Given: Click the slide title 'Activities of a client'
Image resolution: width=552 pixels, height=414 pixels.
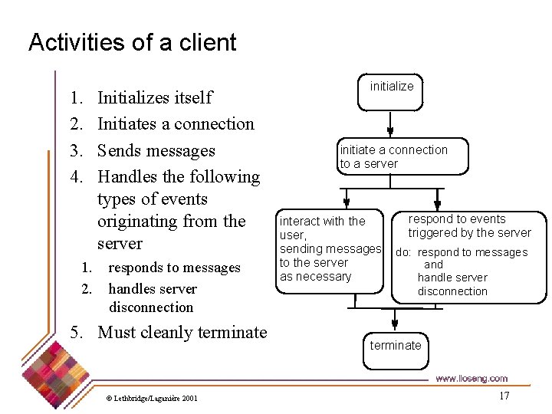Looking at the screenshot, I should pos(132,42).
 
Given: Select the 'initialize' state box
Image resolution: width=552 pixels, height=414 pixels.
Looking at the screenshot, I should pos(391,87).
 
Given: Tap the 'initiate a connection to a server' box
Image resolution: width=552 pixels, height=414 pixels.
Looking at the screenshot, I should pos(393,156).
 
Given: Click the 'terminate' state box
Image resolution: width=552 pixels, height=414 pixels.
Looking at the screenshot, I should pos(396,346).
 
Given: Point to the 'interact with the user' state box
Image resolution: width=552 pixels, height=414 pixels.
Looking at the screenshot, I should pos(330,249).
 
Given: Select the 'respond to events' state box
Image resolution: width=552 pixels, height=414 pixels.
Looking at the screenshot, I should pos(469,255).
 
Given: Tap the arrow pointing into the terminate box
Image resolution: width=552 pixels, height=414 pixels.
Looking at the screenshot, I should pos(395,318).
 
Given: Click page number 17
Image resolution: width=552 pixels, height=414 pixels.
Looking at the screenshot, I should pos(504,396).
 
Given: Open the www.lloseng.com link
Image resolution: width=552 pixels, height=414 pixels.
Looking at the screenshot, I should pos(471,379).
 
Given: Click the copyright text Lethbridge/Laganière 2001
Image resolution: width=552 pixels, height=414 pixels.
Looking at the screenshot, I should pos(152,398).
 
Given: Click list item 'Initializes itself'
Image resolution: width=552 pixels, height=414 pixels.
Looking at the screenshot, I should pos(155,97).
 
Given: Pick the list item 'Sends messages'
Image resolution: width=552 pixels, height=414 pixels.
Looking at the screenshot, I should pos(156,150).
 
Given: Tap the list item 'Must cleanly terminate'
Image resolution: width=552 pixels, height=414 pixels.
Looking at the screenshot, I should pos(182,332).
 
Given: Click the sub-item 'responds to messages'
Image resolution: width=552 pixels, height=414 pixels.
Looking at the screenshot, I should pos(174,268).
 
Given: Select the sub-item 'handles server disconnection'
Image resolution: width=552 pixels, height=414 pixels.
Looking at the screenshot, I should pos(152,297).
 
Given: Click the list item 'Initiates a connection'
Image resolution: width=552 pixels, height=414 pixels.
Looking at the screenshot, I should pos(176,123).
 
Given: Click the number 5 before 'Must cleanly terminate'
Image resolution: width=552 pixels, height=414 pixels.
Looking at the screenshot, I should pos(75,332).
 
